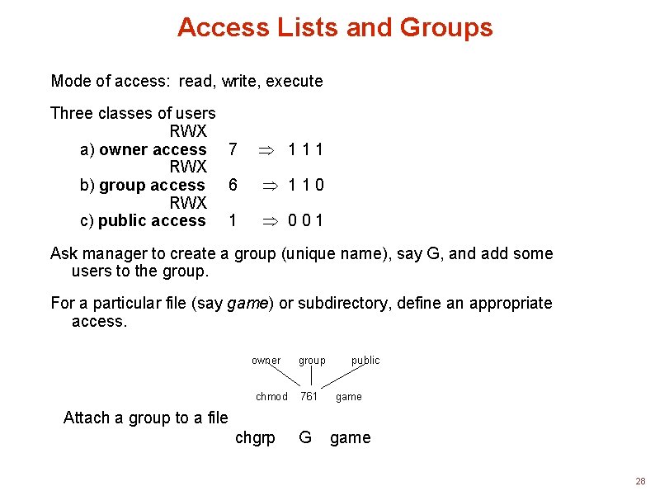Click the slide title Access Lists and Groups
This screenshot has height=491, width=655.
334,27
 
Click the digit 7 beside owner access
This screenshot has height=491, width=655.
233,149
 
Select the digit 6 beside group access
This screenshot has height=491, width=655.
233,185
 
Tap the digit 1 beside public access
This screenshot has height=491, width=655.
233,220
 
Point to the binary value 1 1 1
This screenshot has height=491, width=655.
305,149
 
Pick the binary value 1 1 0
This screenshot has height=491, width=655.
305,185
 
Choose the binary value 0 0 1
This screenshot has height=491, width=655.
305,220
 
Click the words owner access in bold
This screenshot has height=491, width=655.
153,149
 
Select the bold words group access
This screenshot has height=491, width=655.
152,185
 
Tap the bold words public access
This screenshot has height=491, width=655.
152,220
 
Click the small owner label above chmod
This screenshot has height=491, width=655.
266,360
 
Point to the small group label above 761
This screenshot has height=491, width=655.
312,360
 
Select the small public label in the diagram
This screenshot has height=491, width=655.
365,360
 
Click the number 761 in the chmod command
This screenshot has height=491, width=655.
309,396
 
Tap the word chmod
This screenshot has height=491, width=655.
271,396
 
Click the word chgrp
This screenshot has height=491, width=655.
255,437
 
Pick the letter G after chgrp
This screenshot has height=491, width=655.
305,437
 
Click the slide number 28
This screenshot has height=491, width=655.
640,480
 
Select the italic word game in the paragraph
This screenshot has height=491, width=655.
247,303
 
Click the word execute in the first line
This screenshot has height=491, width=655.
295,81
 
